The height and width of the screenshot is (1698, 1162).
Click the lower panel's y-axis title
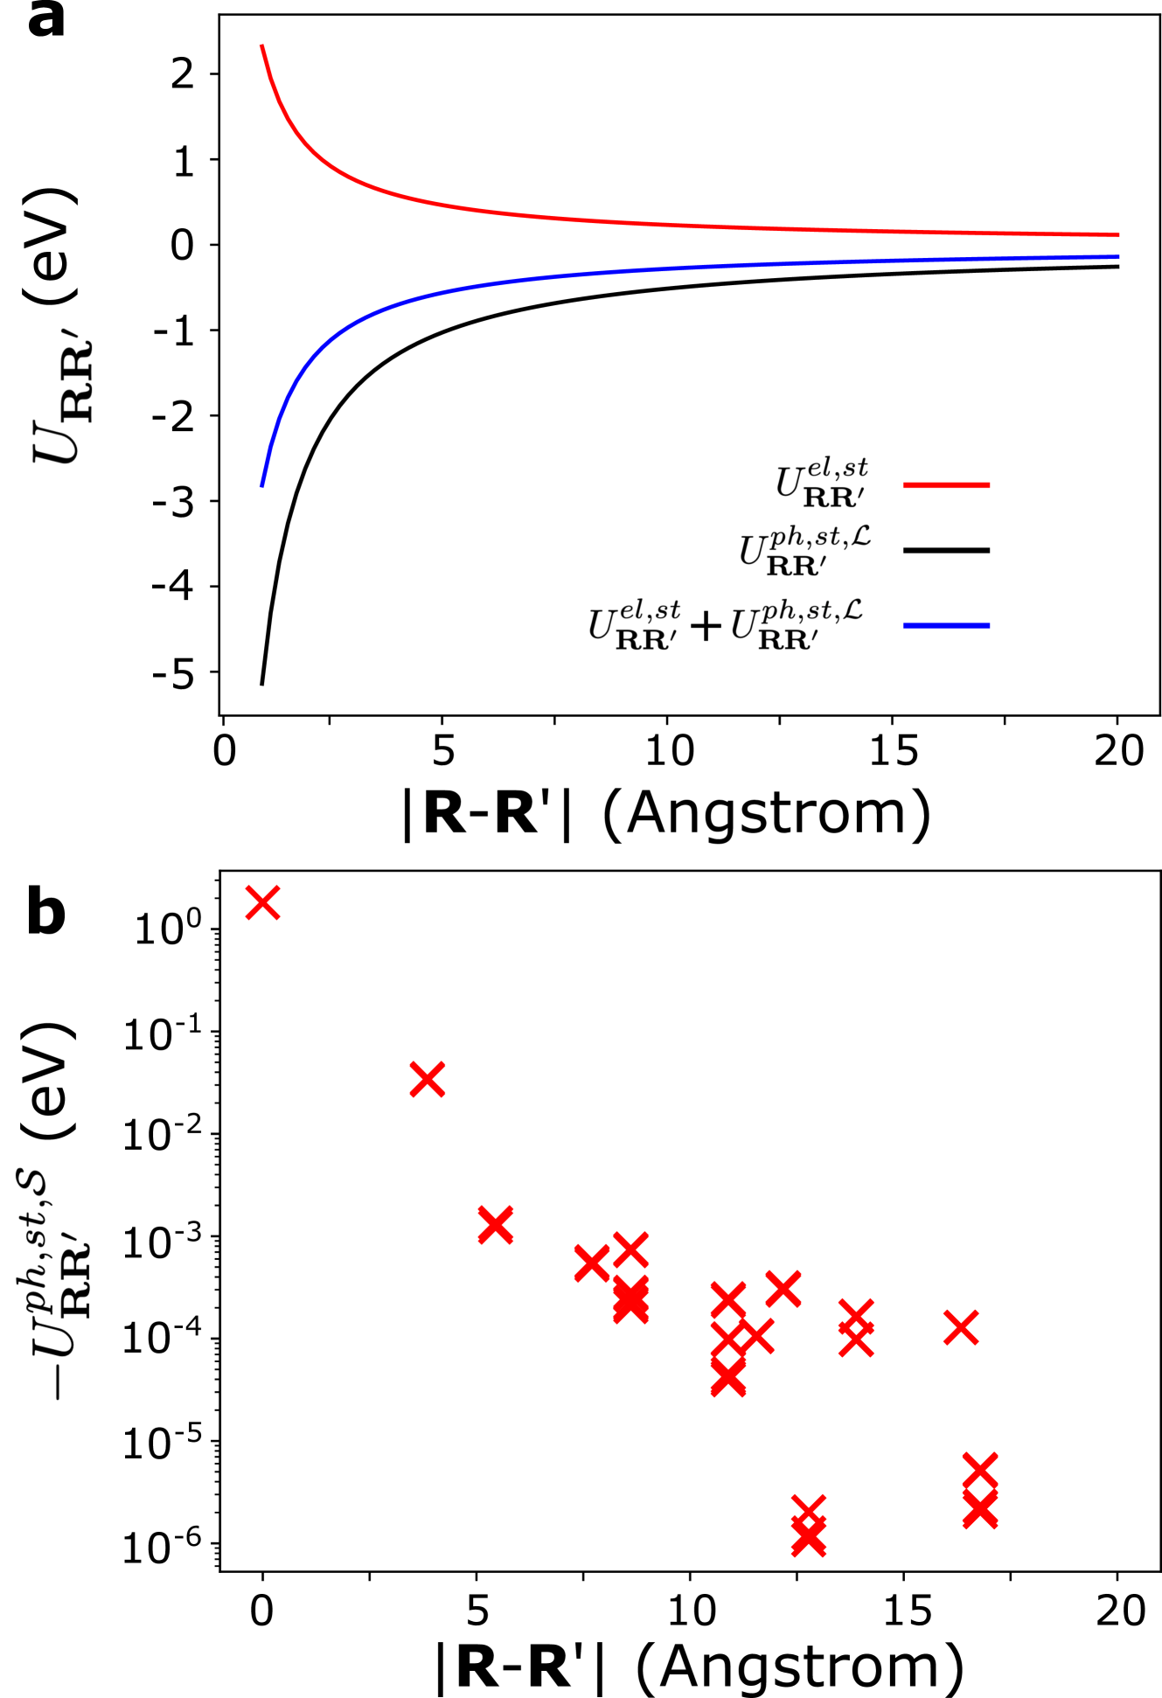(52, 1284)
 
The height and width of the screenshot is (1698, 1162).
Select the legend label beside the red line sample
(822, 482)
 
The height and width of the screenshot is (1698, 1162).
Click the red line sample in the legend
(946, 484)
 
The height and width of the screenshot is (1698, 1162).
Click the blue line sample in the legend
(946, 625)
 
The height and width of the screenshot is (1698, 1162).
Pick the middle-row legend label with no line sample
(804, 550)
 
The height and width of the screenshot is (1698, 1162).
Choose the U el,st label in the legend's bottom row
(635, 624)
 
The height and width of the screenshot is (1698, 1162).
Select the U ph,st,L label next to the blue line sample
(797, 624)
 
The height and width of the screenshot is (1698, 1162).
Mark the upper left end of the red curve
(261, 46)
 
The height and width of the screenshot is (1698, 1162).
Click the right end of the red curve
(1118, 234)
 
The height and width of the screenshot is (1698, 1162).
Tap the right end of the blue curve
(1118, 257)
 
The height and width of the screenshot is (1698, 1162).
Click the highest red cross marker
(263, 902)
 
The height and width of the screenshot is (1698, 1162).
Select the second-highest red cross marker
(428, 1079)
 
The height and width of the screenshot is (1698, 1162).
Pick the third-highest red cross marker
(496, 1224)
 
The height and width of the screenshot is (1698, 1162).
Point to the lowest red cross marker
(809, 1541)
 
